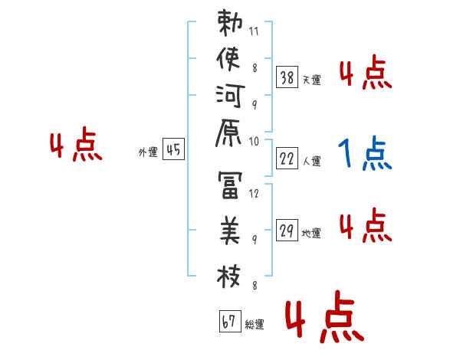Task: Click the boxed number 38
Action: click(287, 77)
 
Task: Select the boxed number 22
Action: click(287, 159)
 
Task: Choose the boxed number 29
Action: click(287, 231)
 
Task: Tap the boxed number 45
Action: click(173, 150)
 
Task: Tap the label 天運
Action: click(311, 80)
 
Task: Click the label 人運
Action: click(311, 162)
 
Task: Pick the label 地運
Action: click(311, 234)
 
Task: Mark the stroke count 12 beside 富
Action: click(255, 194)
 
